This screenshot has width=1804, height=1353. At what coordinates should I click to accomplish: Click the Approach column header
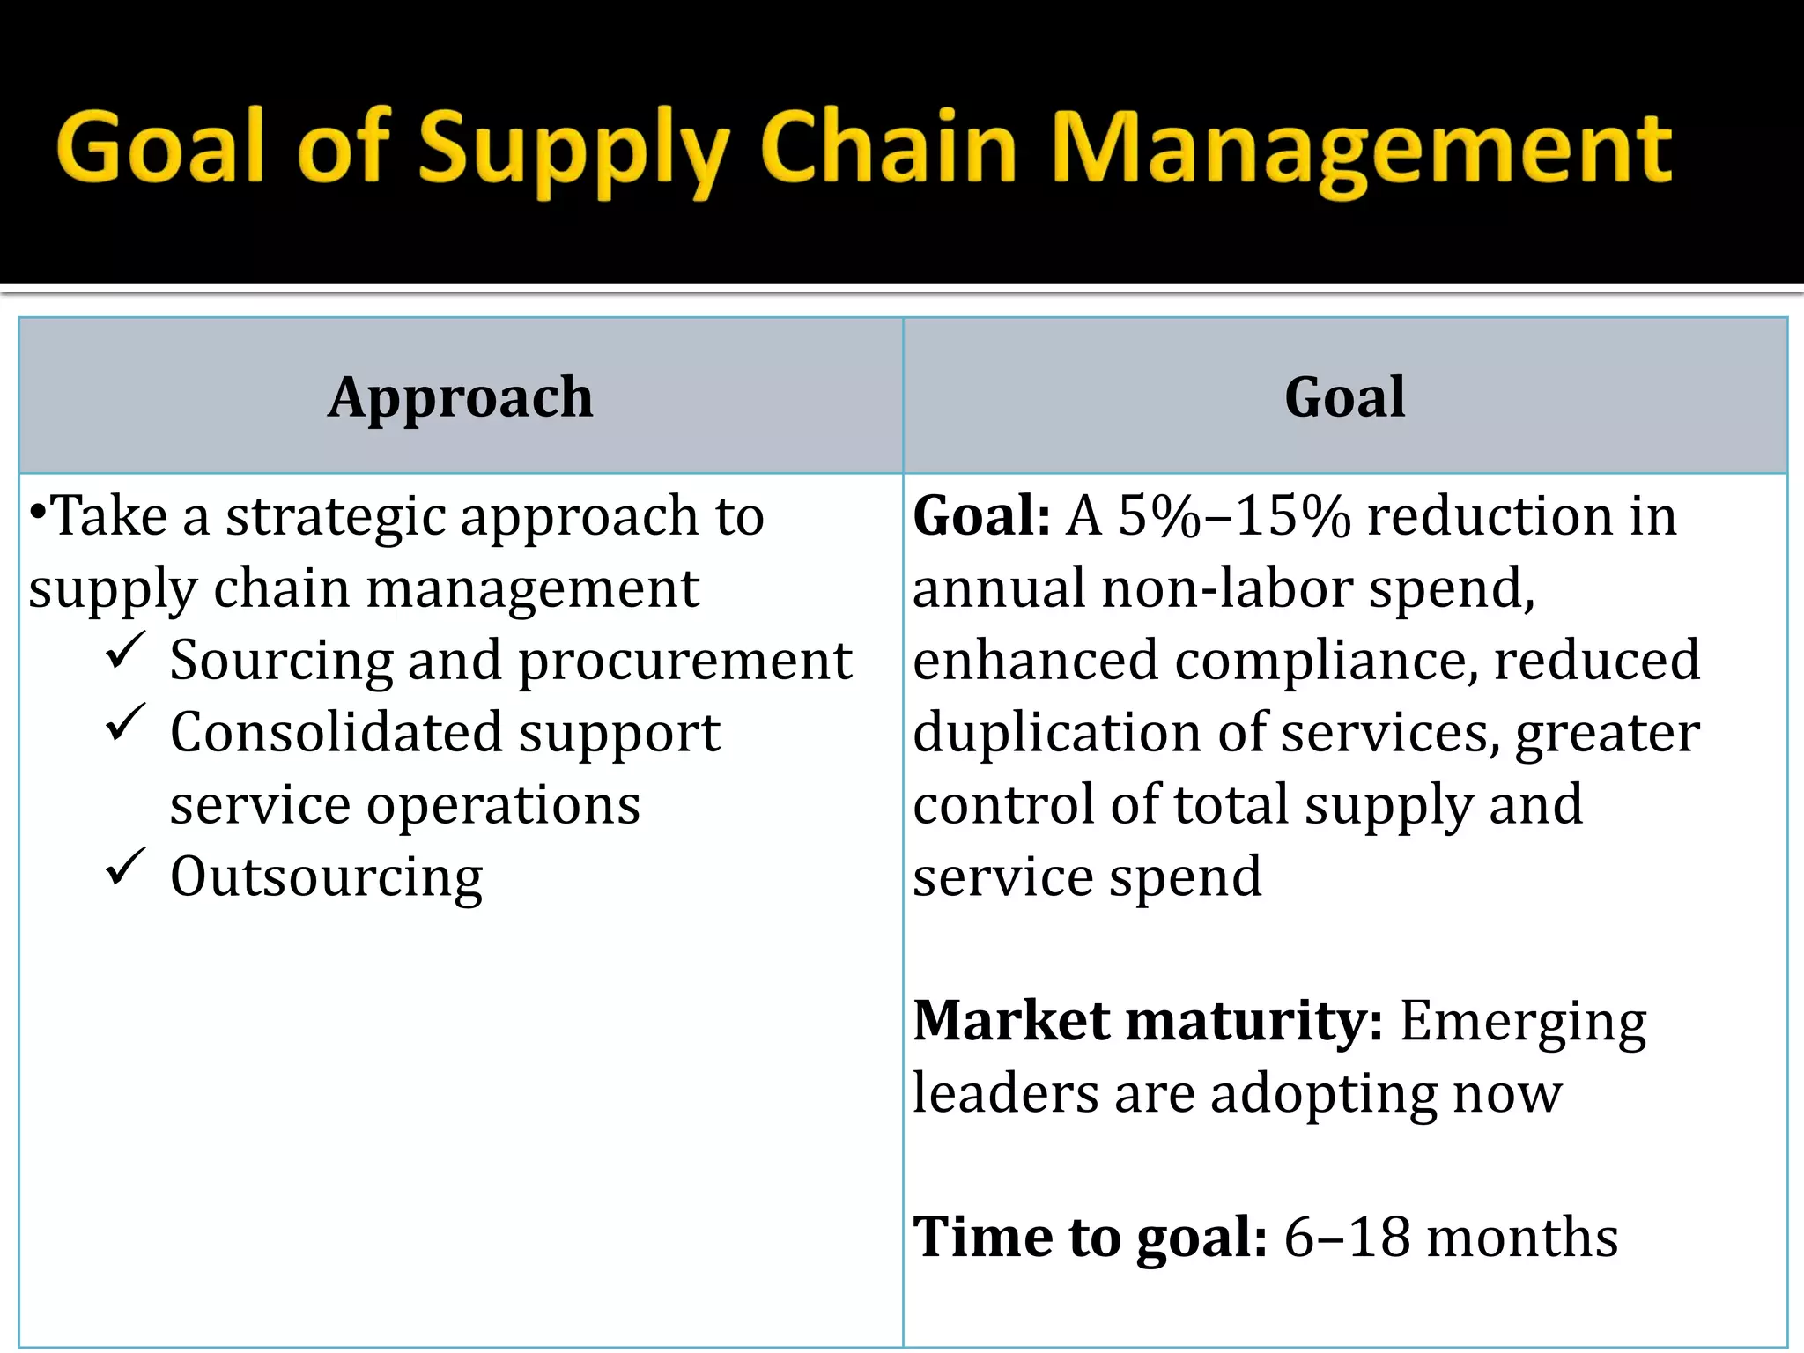[x=461, y=397]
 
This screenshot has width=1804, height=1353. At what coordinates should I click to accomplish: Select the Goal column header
[x=1344, y=397]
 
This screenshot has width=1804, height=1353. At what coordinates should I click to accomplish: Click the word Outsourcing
[x=326, y=877]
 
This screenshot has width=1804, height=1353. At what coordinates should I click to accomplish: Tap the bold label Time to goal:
[x=1090, y=1238]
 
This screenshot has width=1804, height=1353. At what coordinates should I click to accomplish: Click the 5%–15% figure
[x=1233, y=516]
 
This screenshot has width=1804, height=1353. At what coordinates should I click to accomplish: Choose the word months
[x=1521, y=1238]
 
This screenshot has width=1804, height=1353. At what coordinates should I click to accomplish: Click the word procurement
[x=684, y=662]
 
